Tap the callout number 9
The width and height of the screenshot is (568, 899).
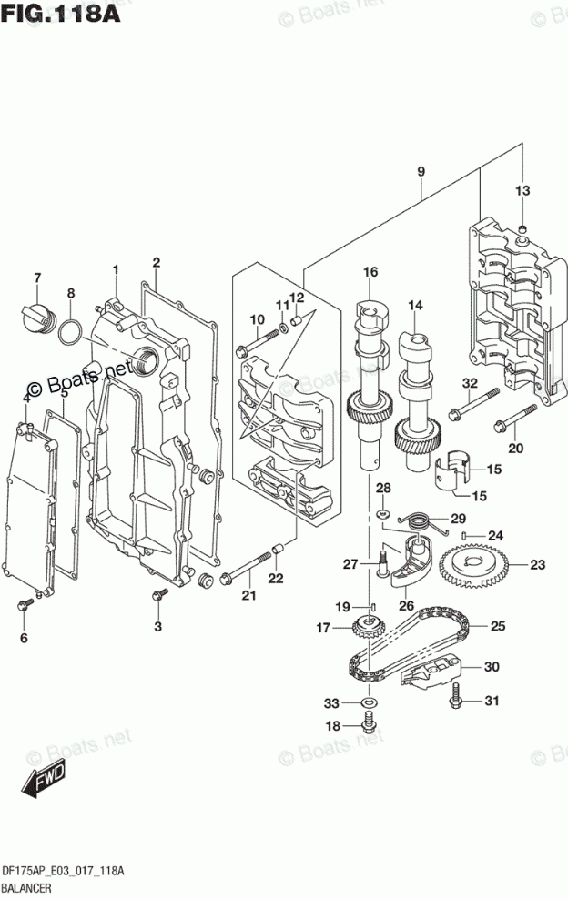click(421, 171)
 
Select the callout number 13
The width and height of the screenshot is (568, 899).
click(522, 190)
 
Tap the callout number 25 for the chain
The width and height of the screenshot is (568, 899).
click(499, 626)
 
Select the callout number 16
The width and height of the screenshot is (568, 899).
click(370, 271)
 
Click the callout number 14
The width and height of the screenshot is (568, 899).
click(415, 305)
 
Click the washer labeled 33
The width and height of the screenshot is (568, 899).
click(368, 703)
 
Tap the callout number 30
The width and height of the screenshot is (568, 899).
click(492, 667)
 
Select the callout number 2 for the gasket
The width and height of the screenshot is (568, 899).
click(157, 262)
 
